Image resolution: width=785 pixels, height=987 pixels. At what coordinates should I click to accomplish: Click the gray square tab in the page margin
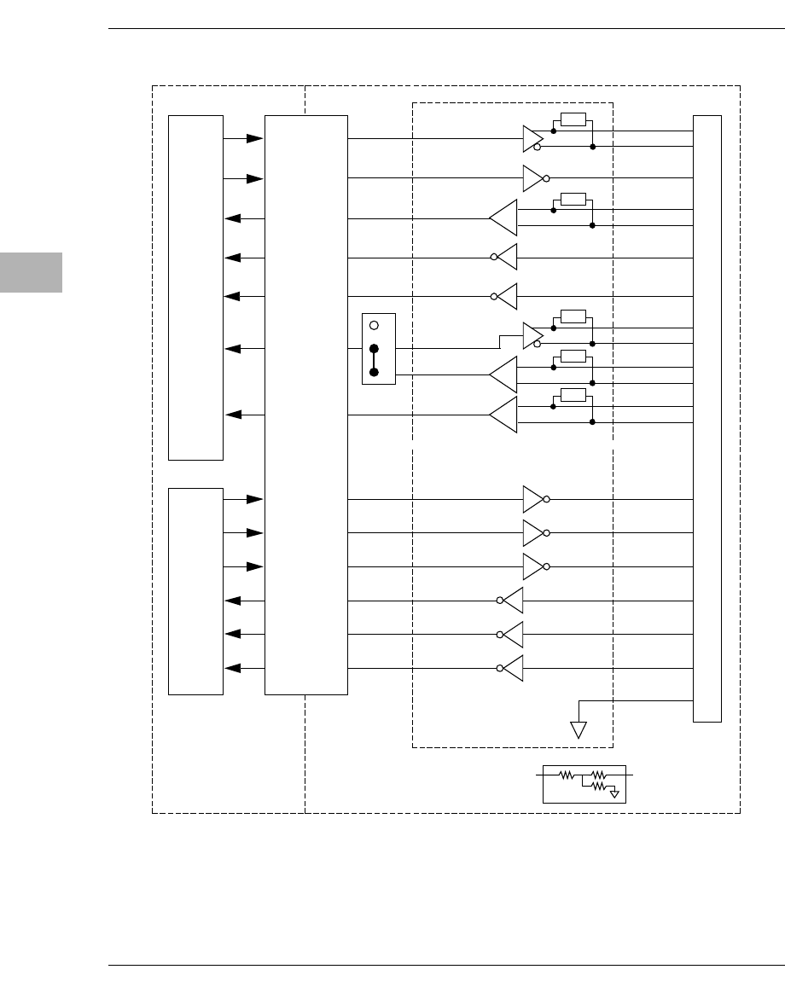click(x=31, y=272)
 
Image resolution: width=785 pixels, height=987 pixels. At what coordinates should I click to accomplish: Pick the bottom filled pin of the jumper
click(x=374, y=373)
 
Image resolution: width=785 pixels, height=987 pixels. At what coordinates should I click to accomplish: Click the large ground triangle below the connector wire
click(x=579, y=730)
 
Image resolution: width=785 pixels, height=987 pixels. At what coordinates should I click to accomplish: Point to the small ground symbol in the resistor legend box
click(x=614, y=793)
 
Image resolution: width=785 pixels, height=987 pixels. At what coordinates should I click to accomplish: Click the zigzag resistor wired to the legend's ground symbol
click(x=598, y=786)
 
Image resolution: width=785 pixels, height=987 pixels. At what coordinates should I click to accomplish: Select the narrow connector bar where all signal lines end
click(x=707, y=418)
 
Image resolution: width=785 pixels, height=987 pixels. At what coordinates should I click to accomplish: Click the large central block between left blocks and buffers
click(x=306, y=404)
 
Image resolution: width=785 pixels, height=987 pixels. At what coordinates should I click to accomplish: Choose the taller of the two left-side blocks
click(x=195, y=287)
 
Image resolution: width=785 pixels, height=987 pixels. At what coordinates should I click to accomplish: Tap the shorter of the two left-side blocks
click(x=195, y=591)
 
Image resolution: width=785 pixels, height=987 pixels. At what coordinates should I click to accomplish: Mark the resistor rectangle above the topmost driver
click(x=573, y=119)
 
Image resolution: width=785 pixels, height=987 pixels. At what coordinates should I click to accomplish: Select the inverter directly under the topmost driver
click(x=532, y=178)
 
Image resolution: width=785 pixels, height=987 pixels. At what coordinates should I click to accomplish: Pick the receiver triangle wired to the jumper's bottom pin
click(x=504, y=374)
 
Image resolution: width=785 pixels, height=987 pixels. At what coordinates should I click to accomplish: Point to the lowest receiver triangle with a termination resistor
click(x=504, y=415)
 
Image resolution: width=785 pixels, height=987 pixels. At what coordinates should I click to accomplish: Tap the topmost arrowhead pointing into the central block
click(x=254, y=138)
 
